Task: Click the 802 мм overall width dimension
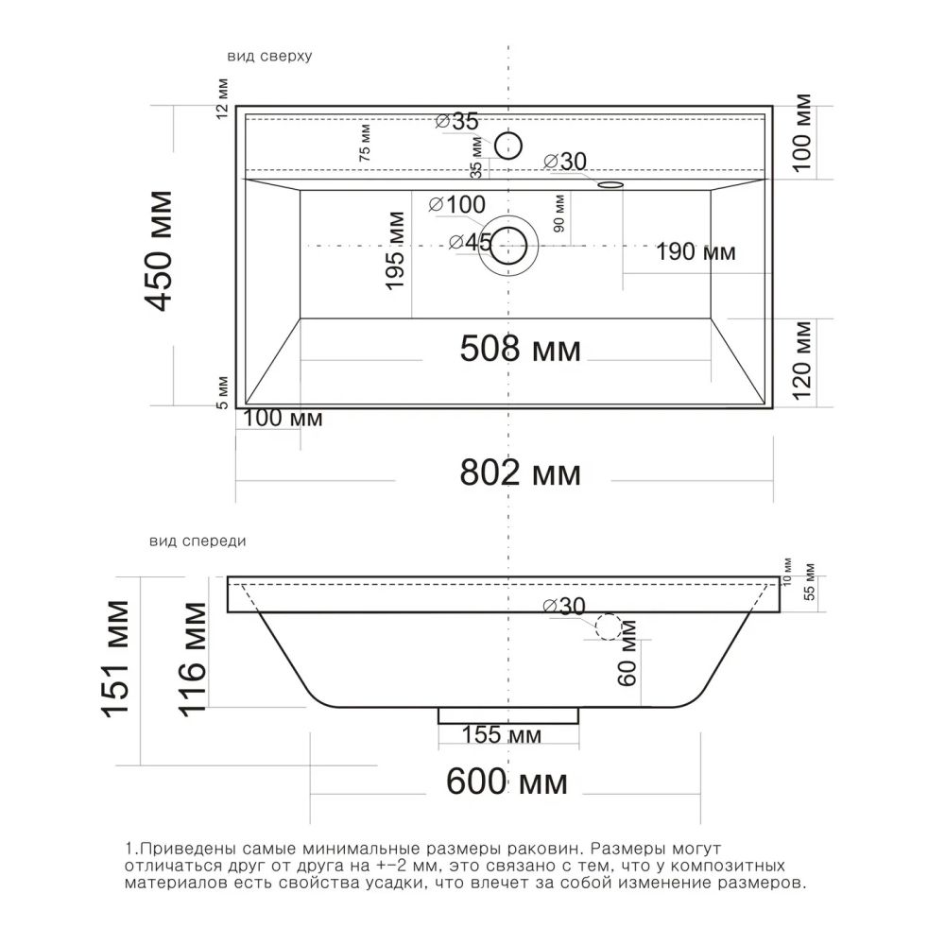pos(520,472)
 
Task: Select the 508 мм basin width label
pos(520,349)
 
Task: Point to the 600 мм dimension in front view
pos(507,782)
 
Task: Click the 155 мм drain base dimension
pos(502,734)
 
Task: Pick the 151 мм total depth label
pos(115,659)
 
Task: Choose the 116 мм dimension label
pos(192,660)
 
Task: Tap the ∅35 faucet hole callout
pos(456,121)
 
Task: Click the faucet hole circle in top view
pos(508,146)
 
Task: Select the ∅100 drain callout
pos(456,204)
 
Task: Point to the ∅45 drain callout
pos(471,242)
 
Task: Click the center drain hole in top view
pos(508,246)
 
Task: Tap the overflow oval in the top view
pos(610,184)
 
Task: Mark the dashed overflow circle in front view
pos(608,627)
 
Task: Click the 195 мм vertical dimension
pos(395,250)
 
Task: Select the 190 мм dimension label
pos(696,252)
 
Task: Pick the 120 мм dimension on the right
pos(802,360)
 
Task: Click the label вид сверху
pos(269,56)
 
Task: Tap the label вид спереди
pos(198,541)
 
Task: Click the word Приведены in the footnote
pos(188,850)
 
